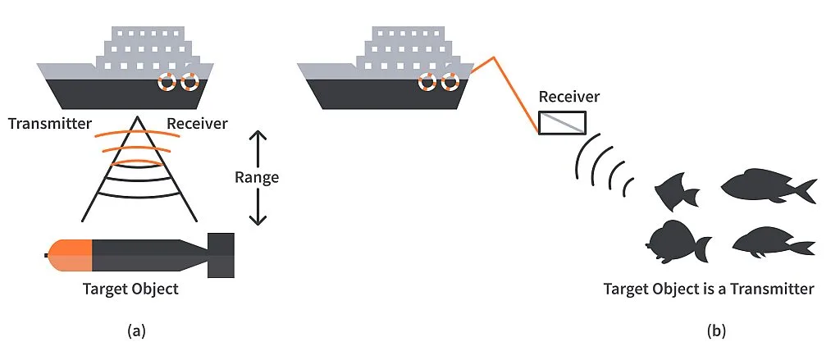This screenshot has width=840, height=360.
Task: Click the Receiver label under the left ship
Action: [197, 124]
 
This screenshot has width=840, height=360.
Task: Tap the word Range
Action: [257, 177]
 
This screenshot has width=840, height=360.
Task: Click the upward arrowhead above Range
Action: [258, 136]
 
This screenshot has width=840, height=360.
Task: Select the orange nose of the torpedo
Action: [71, 255]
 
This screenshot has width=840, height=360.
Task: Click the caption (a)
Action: [137, 330]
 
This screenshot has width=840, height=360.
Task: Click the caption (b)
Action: [716, 330]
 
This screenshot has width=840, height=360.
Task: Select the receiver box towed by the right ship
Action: [562, 122]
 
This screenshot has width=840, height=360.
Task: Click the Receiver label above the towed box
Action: [568, 97]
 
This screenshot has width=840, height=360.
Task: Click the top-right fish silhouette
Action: [767, 186]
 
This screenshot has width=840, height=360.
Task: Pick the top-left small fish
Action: [676, 191]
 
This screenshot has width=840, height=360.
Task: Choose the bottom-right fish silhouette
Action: [771, 242]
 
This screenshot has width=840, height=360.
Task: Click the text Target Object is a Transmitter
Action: [708, 289]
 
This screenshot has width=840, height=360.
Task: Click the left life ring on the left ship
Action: [167, 82]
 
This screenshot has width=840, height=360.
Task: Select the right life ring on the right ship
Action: [449, 82]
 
